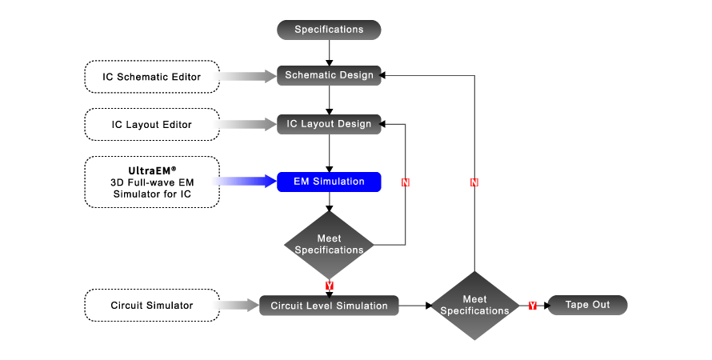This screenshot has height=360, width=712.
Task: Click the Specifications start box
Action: pyautogui.click(x=329, y=30)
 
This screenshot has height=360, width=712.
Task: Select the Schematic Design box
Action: pyautogui.click(x=329, y=76)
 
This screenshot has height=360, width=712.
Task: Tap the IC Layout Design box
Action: pyautogui.click(x=329, y=124)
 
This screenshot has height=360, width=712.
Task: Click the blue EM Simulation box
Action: pyautogui.click(x=329, y=182)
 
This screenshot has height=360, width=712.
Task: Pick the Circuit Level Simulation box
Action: pyautogui.click(x=329, y=306)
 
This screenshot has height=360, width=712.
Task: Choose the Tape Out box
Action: pyautogui.click(x=587, y=305)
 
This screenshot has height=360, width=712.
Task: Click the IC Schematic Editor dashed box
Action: pyautogui.click(x=151, y=77)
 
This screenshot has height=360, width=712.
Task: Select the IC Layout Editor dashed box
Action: pyautogui.click(x=151, y=125)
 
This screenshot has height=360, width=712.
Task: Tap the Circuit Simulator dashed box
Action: pyautogui.click(x=151, y=305)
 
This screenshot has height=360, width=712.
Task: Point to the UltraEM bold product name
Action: pyautogui.click(x=152, y=170)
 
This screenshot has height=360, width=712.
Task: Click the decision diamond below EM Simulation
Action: pyautogui.click(x=329, y=245)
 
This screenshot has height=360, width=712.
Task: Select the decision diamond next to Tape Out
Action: pyautogui.click(x=474, y=305)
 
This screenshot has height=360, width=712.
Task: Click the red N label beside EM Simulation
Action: pyautogui.click(x=405, y=182)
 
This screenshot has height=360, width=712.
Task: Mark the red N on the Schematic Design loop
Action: pyautogui.click(x=474, y=182)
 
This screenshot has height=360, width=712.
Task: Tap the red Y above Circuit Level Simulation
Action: pyautogui.click(x=329, y=285)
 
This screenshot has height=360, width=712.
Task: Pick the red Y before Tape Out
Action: pyautogui.click(x=533, y=306)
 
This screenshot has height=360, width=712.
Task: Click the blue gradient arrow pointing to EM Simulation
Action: pyautogui.click(x=245, y=182)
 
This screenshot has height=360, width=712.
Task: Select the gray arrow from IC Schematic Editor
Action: pyautogui.click(x=247, y=77)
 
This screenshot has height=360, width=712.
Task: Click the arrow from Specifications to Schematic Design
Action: pyautogui.click(x=329, y=52)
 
